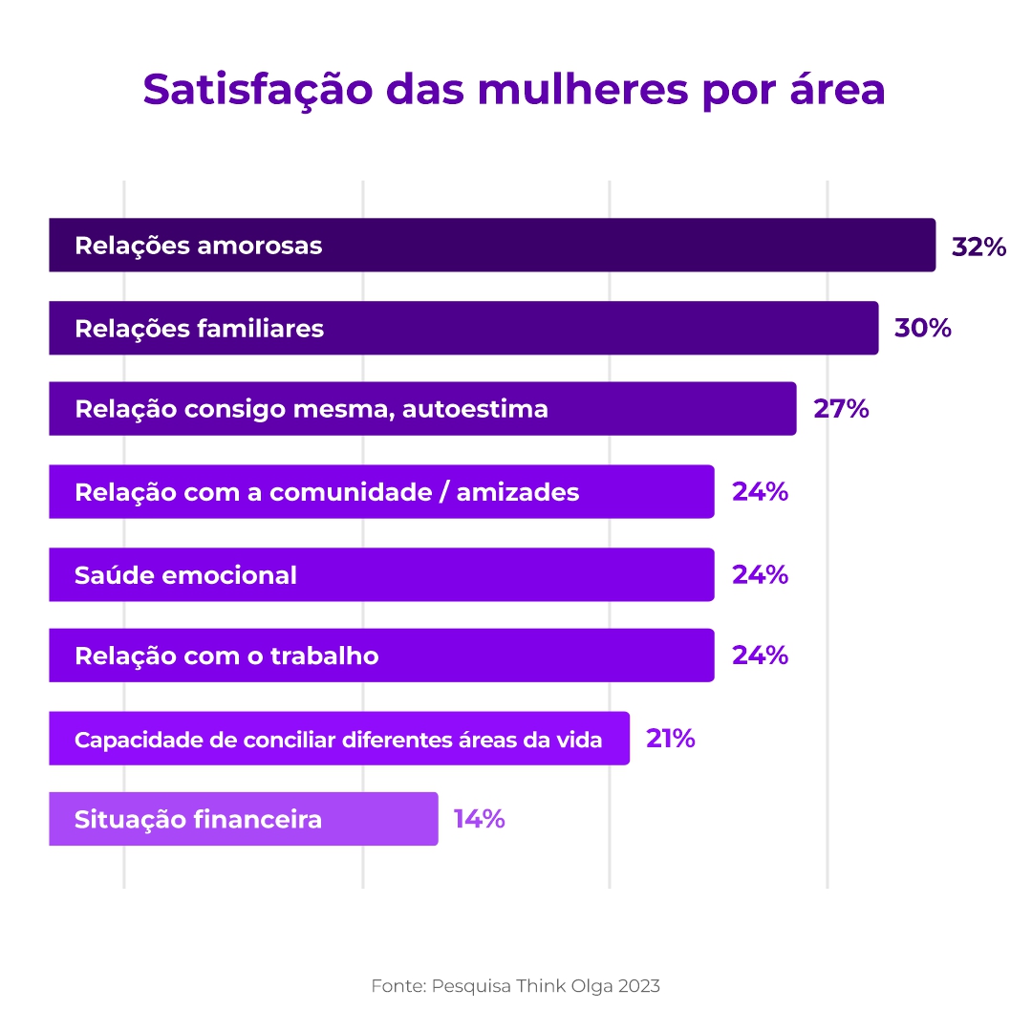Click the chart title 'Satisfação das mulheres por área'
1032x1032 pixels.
coord(514,90)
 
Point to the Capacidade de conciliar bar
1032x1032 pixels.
coord(339,739)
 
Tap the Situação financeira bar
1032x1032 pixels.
coord(244,820)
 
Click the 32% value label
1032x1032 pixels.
coord(978,247)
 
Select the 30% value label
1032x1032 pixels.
coord(922,329)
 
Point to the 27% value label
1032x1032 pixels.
coord(841,409)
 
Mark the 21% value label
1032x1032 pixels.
coord(670,739)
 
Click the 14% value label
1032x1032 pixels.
coord(479,820)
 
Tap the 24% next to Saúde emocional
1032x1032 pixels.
coord(760,575)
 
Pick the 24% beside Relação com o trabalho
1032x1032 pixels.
coord(760,656)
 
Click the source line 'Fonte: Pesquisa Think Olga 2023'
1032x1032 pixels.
coord(515,986)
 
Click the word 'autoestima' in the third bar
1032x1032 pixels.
coord(475,409)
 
